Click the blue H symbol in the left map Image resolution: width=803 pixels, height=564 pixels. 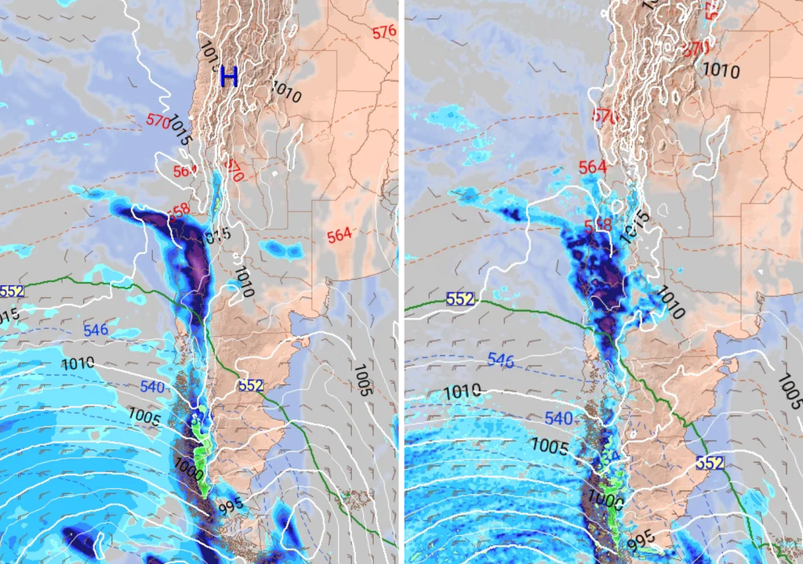[228, 77]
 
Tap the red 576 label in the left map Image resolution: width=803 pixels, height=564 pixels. [384, 32]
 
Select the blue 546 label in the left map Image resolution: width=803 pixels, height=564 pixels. [96, 330]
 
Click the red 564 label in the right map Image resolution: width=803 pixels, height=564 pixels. [592, 167]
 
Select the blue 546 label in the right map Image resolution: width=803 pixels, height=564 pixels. [501, 360]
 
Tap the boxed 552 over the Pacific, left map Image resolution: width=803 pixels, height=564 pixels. [12, 291]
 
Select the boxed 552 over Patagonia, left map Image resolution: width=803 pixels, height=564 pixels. [250, 385]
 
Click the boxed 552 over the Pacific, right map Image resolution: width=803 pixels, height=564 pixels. [460, 298]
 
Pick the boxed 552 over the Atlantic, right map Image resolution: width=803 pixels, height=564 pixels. [709, 463]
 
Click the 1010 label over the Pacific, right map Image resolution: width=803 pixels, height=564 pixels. [463, 392]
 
